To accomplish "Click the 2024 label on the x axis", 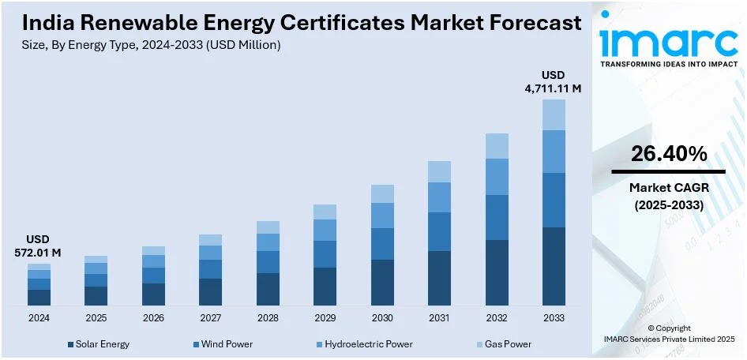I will (39, 317).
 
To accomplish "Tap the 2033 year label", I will (554, 317).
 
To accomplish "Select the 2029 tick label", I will (325, 317).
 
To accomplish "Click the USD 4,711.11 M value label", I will (554, 82).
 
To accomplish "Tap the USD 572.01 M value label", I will (39, 246).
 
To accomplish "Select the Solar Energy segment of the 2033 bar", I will (554, 266).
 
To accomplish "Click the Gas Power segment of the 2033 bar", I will (554, 114).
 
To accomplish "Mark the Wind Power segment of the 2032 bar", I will (497, 217).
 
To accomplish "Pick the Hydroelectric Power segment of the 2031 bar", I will (439, 197).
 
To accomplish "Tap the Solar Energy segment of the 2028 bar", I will (268, 289).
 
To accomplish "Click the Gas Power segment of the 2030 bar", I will (382, 193).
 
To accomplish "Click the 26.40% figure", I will (668, 155).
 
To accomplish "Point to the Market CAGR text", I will (668, 189).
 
